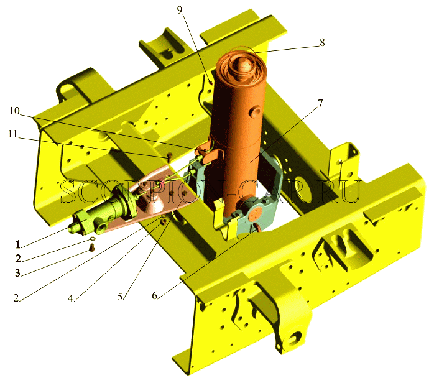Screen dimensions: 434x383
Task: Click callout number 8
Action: (322, 43)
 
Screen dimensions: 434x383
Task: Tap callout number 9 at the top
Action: (180, 10)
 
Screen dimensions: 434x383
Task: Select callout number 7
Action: (320, 104)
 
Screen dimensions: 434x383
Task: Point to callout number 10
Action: (15, 111)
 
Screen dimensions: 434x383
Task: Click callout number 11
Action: (13, 134)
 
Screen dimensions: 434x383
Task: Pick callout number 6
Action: (154, 296)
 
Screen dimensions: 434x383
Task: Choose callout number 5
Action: (120, 297)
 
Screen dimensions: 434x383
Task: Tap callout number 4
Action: (71, 298)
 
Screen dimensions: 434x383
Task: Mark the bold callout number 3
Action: (17, 273)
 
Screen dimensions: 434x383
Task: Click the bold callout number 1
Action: (17, 244)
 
